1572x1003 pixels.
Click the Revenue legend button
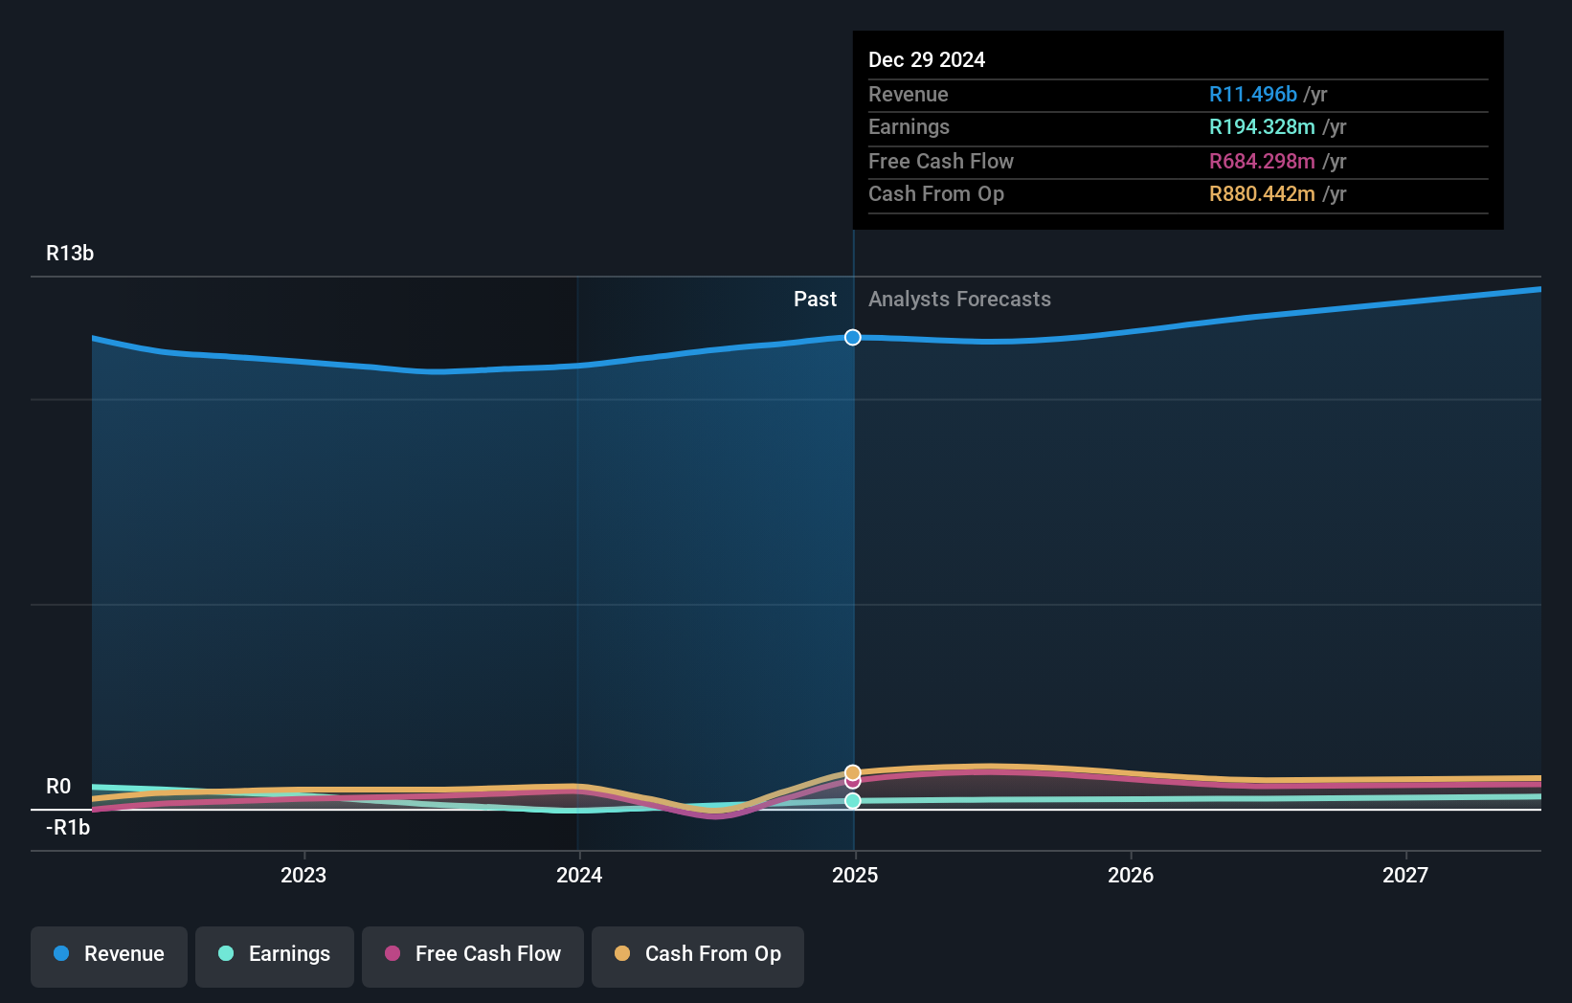[109, 954]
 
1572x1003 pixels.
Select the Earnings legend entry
[275, 954]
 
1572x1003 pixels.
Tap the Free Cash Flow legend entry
[473, 954]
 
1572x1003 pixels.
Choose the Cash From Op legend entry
[698, 954]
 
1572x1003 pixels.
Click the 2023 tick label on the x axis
[303, 875]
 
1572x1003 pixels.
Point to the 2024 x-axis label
[579, 875]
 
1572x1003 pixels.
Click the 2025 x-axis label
[855, 875]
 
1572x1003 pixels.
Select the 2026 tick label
[1131, 875]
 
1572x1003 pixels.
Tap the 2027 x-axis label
[1405, 875]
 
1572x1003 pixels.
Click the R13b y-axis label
[70, 253]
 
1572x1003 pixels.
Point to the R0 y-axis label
[58, 787]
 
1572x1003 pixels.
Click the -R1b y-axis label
[68, 827]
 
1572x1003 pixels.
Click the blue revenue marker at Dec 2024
[853, 337]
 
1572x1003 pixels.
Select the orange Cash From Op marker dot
[853, 771]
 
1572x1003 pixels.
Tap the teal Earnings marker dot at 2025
[853, 801]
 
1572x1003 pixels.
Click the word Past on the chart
[815, 299]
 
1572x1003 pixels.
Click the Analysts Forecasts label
[959, 299]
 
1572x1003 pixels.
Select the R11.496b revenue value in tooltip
[1252, 94]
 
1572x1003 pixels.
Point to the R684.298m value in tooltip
[1262, 161]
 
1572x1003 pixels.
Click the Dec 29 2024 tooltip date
[927, 59]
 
